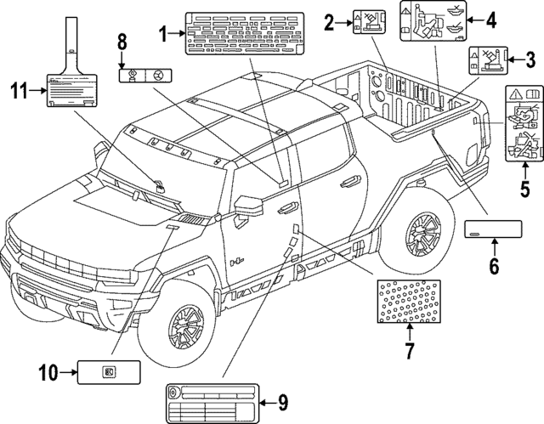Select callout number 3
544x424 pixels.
529,60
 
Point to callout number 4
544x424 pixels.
490,20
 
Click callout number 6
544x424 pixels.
493,266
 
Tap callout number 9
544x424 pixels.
282,402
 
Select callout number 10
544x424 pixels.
49,370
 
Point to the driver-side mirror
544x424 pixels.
249,207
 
